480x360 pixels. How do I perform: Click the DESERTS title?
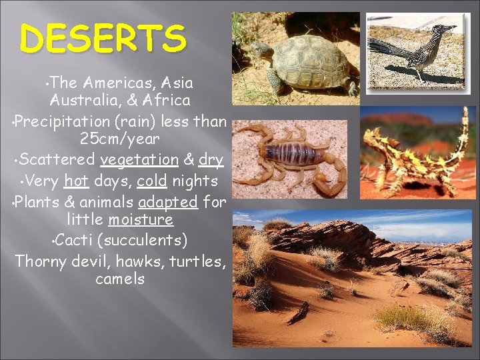[103, 38]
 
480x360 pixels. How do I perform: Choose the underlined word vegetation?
[139, 161]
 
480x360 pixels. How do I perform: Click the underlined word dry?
[211, 161]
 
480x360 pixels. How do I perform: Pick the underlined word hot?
[77, 181]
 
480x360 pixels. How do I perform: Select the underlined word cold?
[151, 181]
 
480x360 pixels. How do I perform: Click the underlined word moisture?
[141, 220]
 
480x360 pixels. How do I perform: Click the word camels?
[120, 279]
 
